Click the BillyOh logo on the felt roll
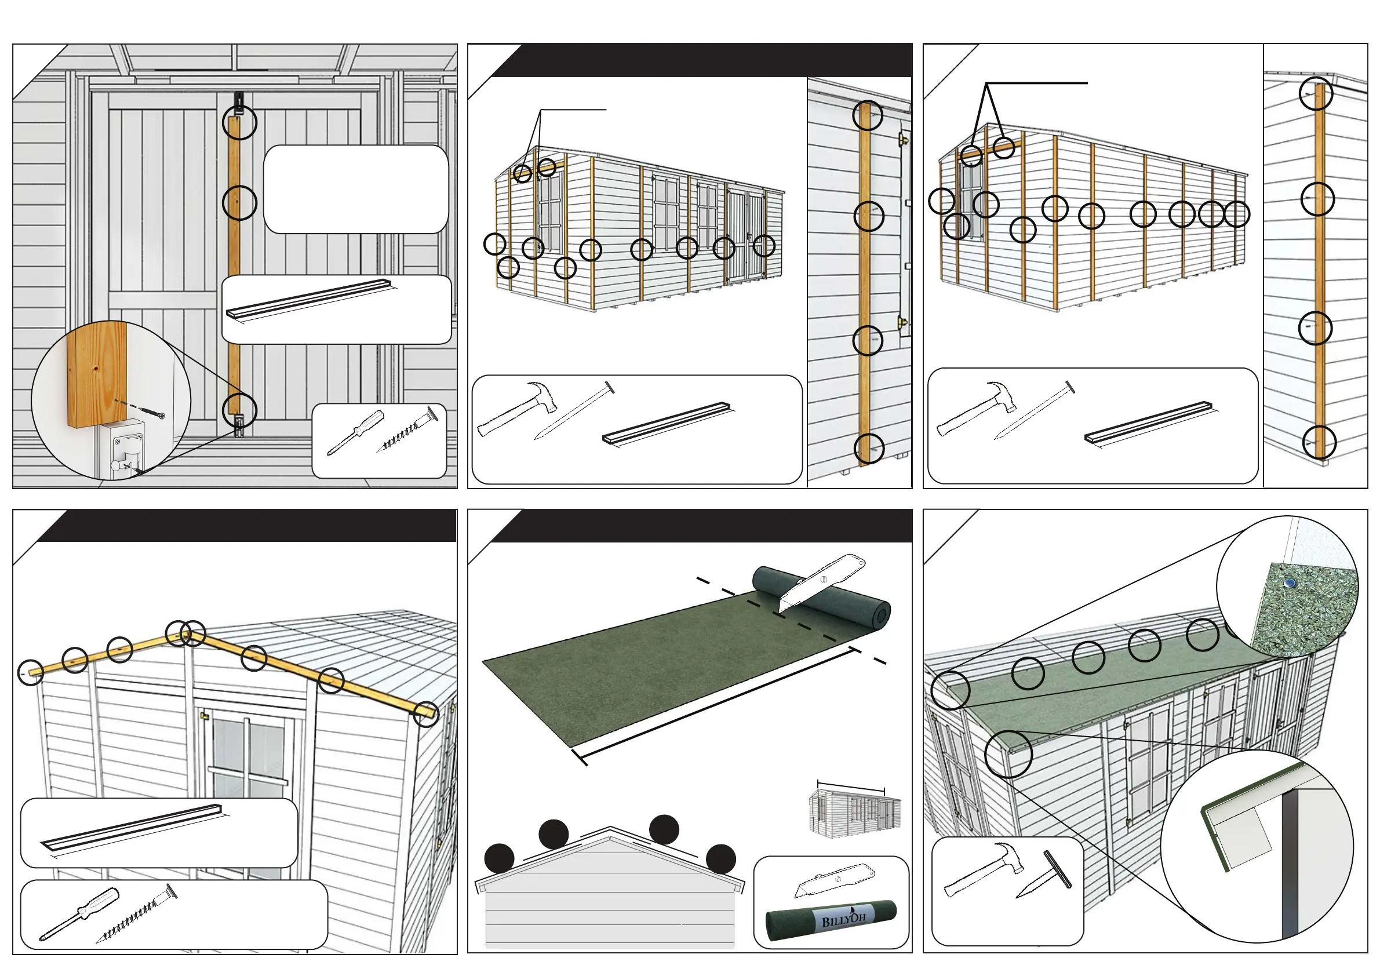coord(843,920)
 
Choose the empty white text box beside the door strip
coord(356,189)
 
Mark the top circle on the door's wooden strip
coord(239,123)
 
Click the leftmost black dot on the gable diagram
coord(500,858)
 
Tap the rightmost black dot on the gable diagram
coord(720,858)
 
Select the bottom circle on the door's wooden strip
coord(239,410)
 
